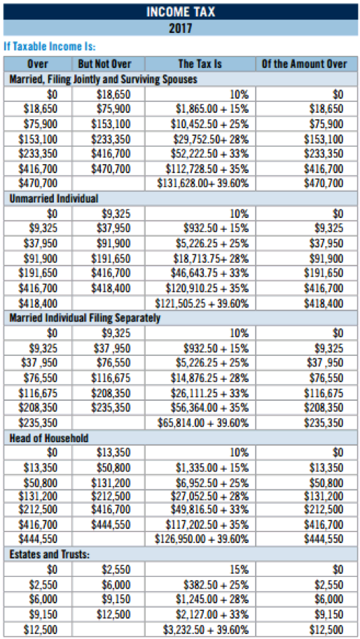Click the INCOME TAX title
point(181,12)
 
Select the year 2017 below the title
point(181,29)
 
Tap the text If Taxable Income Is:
point(49,46)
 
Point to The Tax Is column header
point(200,64)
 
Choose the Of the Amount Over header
point(305,64)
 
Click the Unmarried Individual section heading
point(54,199)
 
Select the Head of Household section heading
point(49,438)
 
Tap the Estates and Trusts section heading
point(49,554)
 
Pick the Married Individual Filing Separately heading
point(85,319)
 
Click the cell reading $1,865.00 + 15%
point(212,109)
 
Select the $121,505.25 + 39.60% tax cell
point(202,303)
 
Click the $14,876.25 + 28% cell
point(209,378)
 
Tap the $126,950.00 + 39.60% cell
point(202,539)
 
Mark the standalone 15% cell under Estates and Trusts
point(239,569)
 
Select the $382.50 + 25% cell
point(216,584)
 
